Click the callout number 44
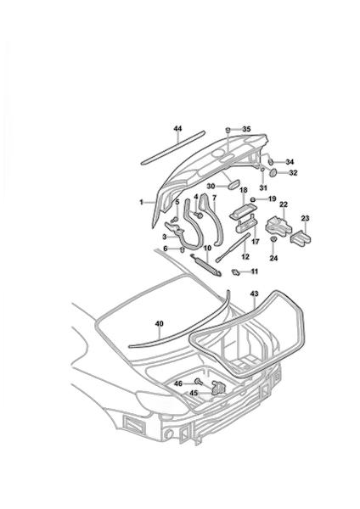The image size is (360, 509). [x=177, y=129]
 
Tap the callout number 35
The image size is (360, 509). [x=246, y=129]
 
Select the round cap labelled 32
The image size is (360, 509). [x=273, y=173]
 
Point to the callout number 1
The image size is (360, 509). [x=141, y=202]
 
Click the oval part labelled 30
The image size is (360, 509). [x=233, y=185]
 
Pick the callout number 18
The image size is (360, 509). [x=244, y=190]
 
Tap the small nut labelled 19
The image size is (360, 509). [x=252, y=199]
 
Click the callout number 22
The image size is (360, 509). [x=284, y=204]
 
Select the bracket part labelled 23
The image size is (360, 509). [x=301, y=239]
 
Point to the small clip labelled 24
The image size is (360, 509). [x=273, y=239]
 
